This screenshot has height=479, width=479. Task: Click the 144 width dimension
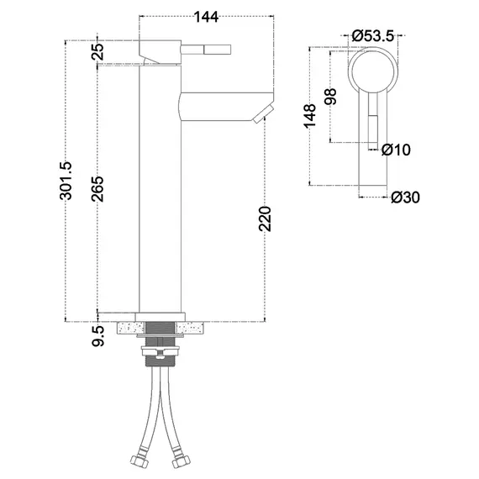pyautogui.click(x=207, y=17)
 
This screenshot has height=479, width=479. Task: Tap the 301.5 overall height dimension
pyautogui.click(x=66, y=181)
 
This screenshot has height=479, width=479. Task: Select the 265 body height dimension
pyautogui.click(x=98, y=189)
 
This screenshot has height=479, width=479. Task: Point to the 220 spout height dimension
pyautogui.click(x=265, y=218)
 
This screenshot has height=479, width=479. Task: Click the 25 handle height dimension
pyautogui.click(x=98, y=51)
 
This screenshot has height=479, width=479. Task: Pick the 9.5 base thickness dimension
pyautogui.click(x=98, y=336)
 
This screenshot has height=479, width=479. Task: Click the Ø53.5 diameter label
pyautogui.click(x=372, y=36)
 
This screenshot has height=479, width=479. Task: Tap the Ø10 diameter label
pyautogui.click(x=396, y=150)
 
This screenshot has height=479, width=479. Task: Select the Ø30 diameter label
pyautogui.click(x=405, y=197)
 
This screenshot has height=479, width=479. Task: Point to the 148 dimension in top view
pyautogui.click(x=309, y=115)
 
